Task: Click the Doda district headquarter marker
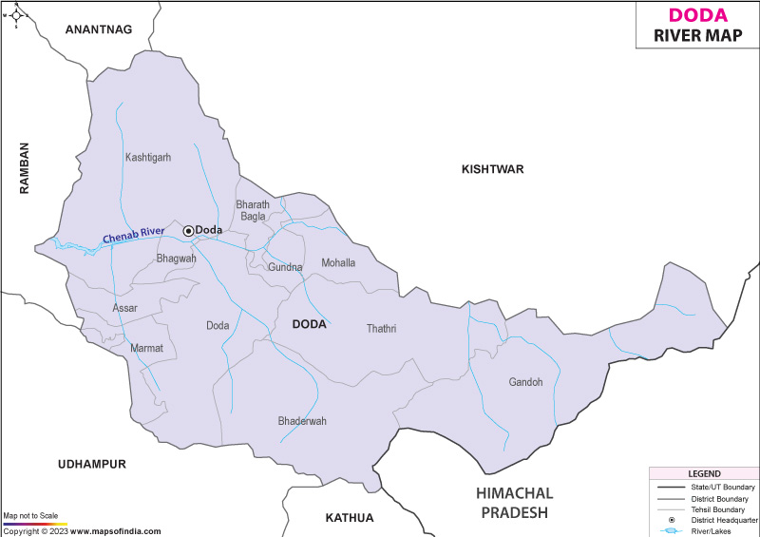tap(188, 230)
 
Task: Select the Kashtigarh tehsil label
tap(148, 158)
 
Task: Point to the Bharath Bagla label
tap(253, 211)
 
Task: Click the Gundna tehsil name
tap(285, 268)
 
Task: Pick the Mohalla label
tap(338, 263)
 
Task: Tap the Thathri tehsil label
tap(381, 329)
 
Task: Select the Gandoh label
tap(525, 382)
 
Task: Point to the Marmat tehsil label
tap(146, 349)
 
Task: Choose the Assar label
tap(124, 309)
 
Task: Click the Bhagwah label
tap(176, 259)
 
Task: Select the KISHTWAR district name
tap(492, 169)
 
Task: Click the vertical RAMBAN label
tap(26, 168)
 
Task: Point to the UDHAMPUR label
tap(91, 464)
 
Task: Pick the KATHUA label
tap(350, 518)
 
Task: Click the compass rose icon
tap(16, 14)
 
